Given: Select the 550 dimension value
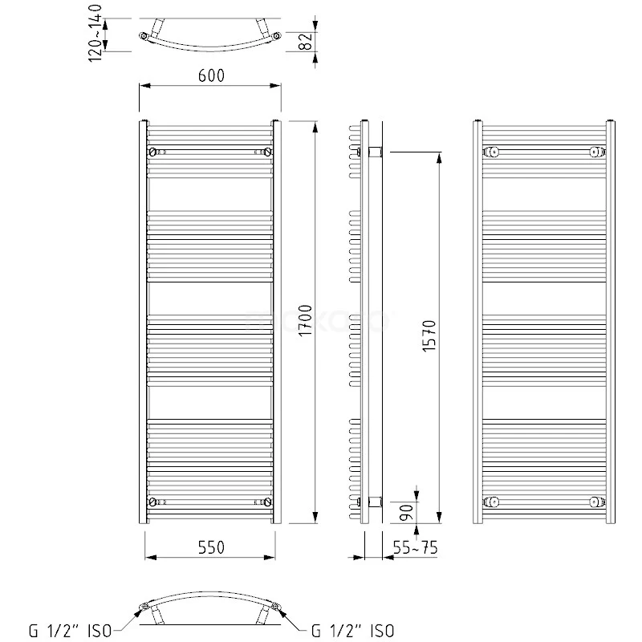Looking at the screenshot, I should pyautogui.click(x=209, y=547).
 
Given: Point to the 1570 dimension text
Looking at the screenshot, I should pyautogui.click(x=428, y=336).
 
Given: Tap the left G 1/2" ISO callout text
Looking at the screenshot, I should pyautogui.click(x=73, y=632).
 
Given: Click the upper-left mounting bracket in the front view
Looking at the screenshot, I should pyautogui.click(x=152, y=151).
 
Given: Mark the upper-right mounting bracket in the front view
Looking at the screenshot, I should pyautogui.click(x=268, y=151).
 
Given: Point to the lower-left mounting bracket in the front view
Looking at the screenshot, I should pyautogui.click(x=152, y=502).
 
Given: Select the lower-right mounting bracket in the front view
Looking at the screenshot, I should pyautogui.click(x=268, y=502).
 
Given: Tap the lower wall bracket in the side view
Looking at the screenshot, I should pyautogui.click(x=373, y=502).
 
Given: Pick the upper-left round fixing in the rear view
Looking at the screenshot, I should pyautogui.click(x=494, y=151).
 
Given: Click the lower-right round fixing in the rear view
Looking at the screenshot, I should pyautogui.click(x=595, y=502).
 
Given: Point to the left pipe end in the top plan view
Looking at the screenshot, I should pyautogui.click(x=144, y=36).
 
